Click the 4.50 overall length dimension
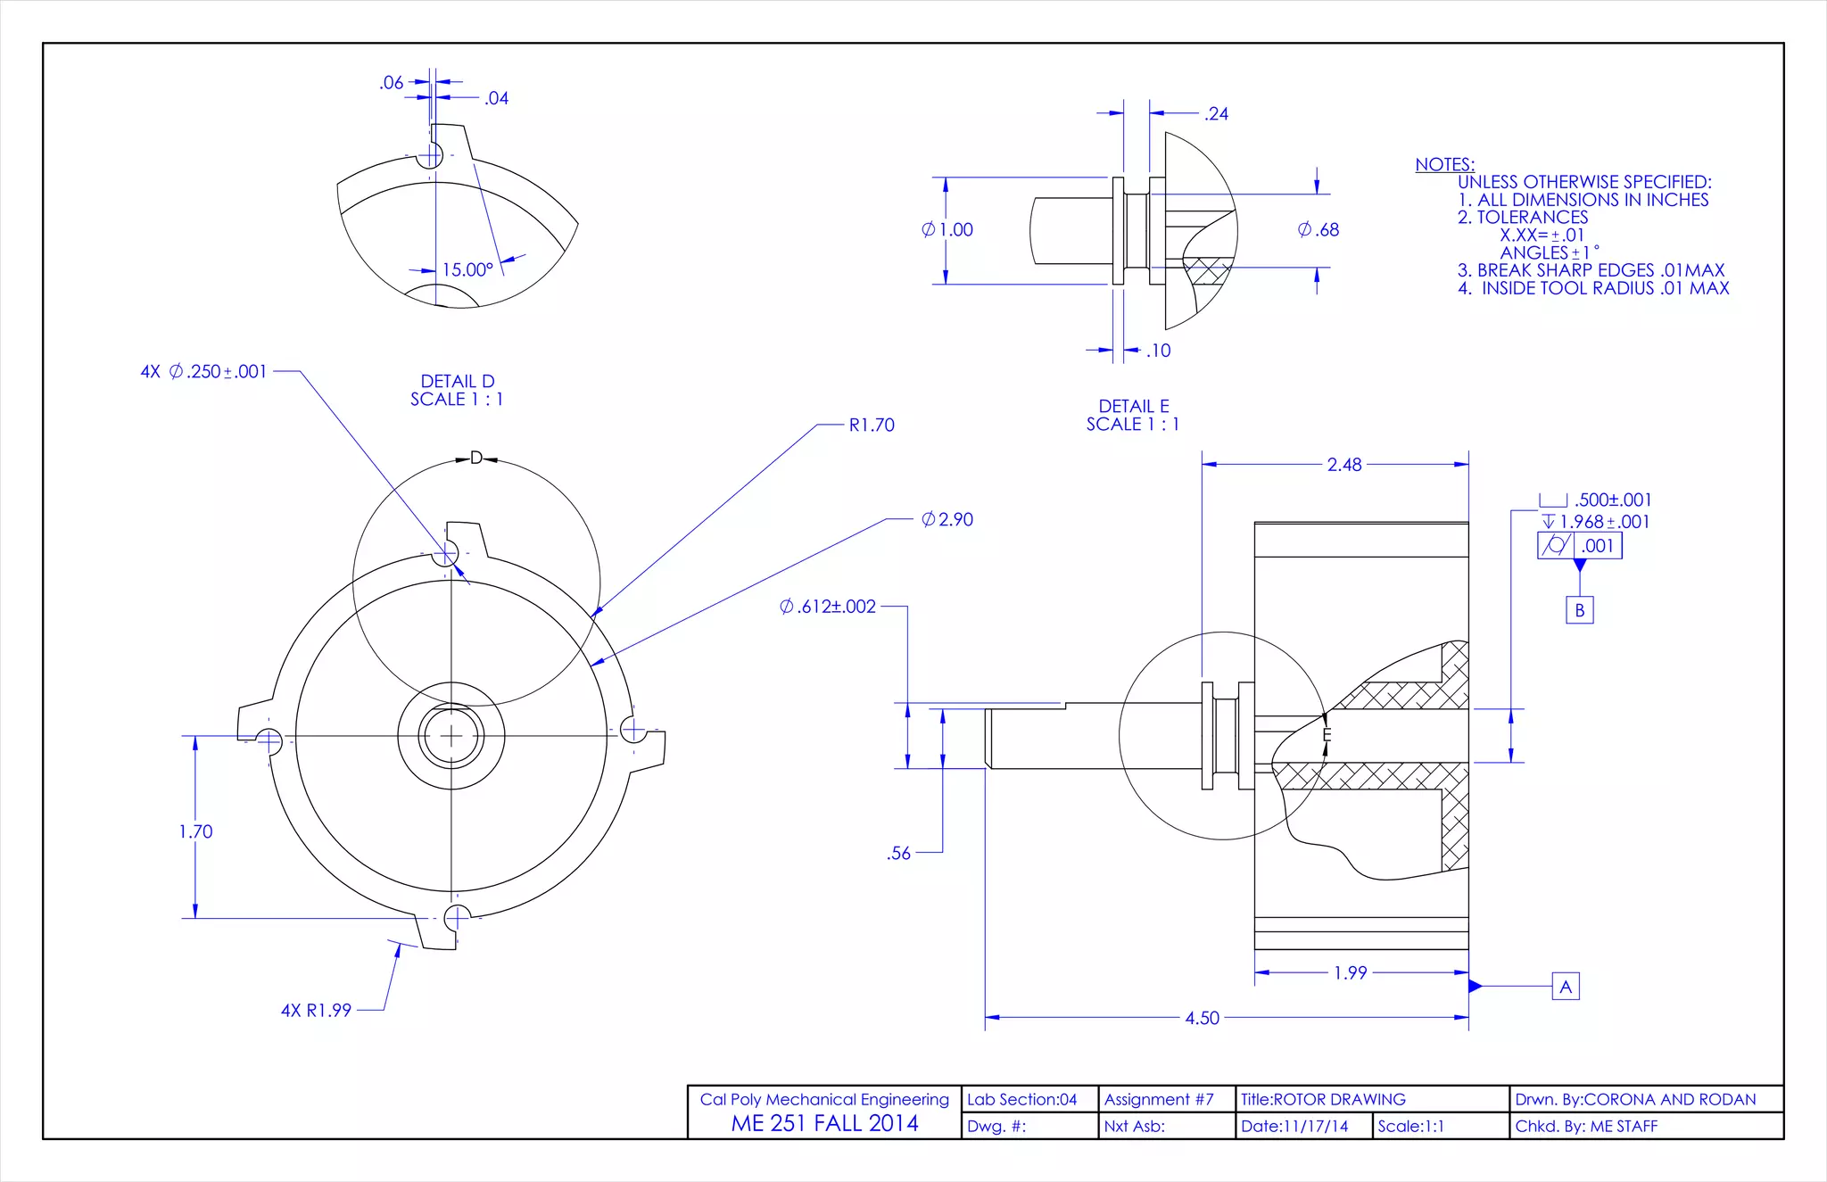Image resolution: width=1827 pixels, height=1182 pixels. coord(1202,1018)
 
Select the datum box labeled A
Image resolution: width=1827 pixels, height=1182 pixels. coord(1566,987)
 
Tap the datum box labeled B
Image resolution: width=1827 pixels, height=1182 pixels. coord(1579,610)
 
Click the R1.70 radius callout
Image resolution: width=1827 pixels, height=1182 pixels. coord(872,426)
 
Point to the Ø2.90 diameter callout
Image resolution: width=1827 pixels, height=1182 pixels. coord(947,519)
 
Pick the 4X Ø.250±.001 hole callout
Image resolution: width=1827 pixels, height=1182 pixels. coord(204,371)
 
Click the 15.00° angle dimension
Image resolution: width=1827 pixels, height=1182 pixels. coord(467,269)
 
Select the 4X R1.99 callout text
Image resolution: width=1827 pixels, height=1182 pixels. coord(317,1011)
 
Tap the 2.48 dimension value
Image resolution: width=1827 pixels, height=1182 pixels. coord(1343,465)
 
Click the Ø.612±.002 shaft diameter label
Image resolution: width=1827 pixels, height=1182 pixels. coord(828,607)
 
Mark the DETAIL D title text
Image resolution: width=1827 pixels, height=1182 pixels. coord(457,382)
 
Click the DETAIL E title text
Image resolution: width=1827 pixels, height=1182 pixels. coord(1133,407)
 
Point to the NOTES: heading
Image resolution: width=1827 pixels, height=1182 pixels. coord(1444,164)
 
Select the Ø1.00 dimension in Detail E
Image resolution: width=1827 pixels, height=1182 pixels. coord(947,230)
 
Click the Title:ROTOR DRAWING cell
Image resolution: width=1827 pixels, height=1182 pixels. coord(1323,1099)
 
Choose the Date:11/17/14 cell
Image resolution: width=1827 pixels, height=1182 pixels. coord(1294,1126)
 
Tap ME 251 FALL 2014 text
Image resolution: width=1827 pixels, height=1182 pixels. coord(824,1123)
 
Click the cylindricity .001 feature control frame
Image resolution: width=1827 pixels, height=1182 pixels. coord(1579,545)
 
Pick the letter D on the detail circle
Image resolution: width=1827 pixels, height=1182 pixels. coord(476,458)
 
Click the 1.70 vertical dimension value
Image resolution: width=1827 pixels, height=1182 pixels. coord(196,831)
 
